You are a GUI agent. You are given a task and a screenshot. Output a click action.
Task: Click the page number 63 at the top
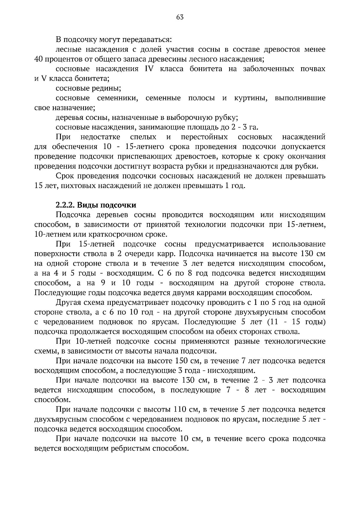point(180,17)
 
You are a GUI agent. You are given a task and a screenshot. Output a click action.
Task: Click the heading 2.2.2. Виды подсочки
point(96,205)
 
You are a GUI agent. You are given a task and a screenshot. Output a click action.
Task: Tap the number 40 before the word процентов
point(39,59)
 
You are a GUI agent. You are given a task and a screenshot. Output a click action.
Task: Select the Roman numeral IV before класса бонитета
point(149,69)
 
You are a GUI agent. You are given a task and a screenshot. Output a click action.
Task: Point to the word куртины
point(250,98)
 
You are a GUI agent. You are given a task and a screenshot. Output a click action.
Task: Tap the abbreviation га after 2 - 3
point(254,127)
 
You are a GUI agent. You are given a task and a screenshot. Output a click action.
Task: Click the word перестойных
point(204,137)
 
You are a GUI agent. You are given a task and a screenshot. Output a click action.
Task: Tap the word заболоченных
point(268,69)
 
